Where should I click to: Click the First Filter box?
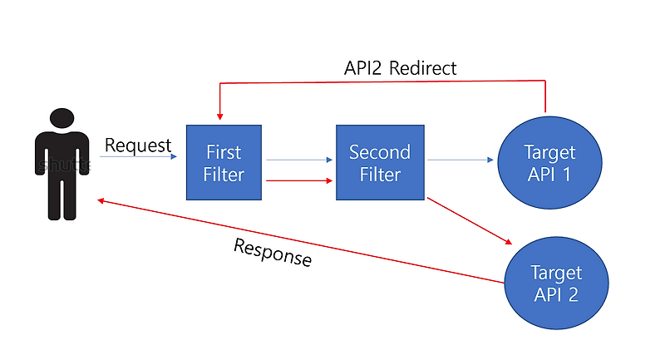[224, 162]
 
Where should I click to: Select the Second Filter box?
[379, 162]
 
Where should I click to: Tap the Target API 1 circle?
[549, 163]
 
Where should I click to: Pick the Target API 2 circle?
[557, 284]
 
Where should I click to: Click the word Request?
[137, 145]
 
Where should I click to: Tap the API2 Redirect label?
[400, 68]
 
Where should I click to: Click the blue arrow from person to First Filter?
[141, 156]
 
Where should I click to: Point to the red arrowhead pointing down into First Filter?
[219, 114]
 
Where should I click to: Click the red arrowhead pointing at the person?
[101, 201]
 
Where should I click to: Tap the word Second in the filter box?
[379, 152]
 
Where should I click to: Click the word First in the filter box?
[224, 152]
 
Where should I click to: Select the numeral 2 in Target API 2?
[574, 294]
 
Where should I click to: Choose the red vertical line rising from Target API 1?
[545, 96]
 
